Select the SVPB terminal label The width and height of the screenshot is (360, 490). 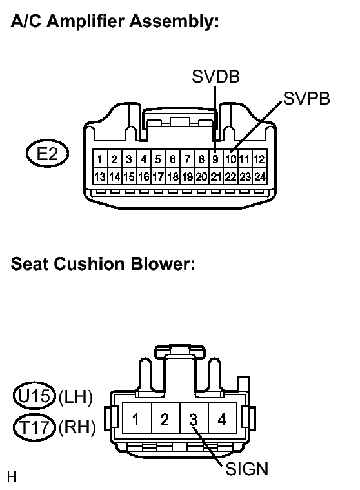pyautogui.click(x=306, y=98)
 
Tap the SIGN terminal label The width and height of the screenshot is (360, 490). pyautogui.click(x=246, y=469)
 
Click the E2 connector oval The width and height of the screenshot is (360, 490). pyautogui.click(x=47, y=154)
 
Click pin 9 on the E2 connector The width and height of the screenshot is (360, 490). pyautogui.click(x=215, y=159)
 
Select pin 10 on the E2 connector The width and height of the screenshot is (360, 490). pyautogui.click(x=230, y=159)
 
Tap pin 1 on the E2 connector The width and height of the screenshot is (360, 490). pyautogui.click(x=99, y=159)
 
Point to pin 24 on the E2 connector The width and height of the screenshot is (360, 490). pyautogui.click(x=259, y=176)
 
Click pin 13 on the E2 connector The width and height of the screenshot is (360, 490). pyautogui.click(x=99, y=176)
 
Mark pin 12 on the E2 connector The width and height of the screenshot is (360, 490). pyautogui.click(x=259, y=159)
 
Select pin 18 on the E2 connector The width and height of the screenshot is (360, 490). pyautogui.click(x=172, y=176)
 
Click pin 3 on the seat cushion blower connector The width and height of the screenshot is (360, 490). pyautogui.click(x=193, y=420)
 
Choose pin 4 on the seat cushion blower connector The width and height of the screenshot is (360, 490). pyautogui.click(x=222, y=420)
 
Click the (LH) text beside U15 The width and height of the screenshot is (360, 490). pyautogui.click(x=75, y=396)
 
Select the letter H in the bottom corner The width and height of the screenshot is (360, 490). pyautogui.click(x=11, y=478)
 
